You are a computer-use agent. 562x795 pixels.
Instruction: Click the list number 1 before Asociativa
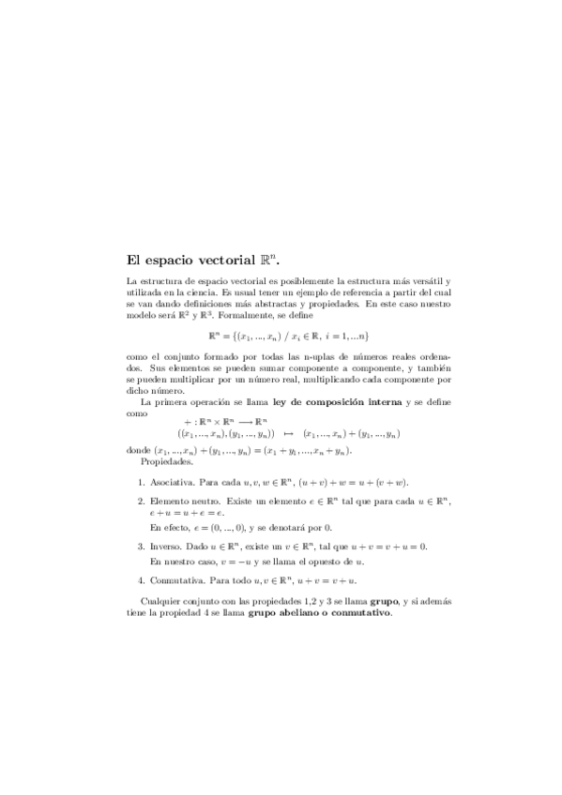coord(141,483)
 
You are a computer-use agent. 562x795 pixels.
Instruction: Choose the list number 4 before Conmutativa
coord(141,580)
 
